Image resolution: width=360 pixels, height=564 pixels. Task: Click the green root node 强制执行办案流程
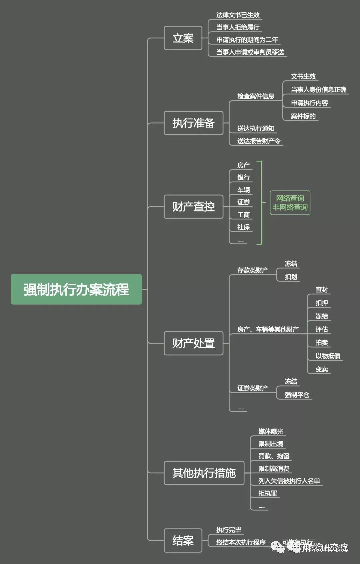pos(76,289)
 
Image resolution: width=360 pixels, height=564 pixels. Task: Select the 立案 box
pos(183,38)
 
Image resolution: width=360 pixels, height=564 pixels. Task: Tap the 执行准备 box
pos(193,123)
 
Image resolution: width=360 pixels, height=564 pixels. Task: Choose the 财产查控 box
pos(193,207)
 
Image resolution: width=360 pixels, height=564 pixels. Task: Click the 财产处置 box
pos(193,343)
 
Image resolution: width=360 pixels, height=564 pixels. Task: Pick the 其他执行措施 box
pos(204,473)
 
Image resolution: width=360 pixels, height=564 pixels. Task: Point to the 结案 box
pos(183,540)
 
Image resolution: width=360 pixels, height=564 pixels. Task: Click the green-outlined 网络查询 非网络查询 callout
pos(290,203)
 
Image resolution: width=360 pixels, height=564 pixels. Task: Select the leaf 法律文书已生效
pos(238,15)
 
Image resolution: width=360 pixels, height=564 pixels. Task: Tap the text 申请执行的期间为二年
pos(247,40)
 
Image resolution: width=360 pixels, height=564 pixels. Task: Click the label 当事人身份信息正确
pos(318,90)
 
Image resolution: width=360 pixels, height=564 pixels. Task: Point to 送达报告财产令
pos(259,141)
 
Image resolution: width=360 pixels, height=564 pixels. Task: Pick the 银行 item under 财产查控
pos(243,177)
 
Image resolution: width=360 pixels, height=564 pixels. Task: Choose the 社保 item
pos(243,227)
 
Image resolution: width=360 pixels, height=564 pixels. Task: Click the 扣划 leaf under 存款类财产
pos(291,277)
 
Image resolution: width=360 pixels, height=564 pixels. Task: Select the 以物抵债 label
pos(328,356)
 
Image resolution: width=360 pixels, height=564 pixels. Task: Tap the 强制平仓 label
pos(297,395)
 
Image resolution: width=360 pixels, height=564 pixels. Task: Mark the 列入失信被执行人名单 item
pos(289,481)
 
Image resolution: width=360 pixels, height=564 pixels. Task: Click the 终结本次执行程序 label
pos(241,542)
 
